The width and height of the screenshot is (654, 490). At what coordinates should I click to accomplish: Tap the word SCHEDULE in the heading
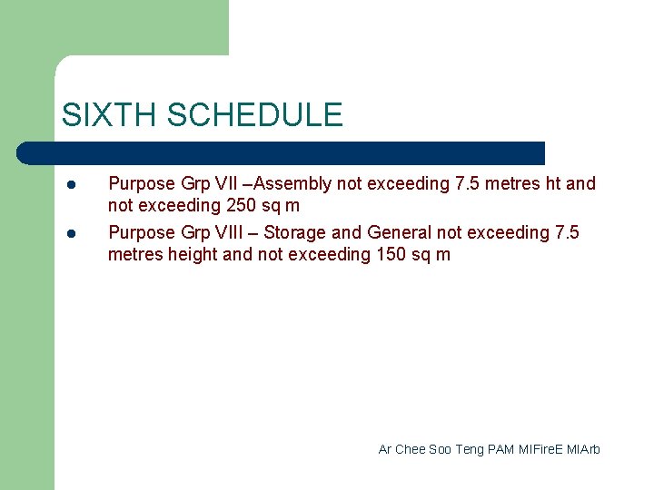pyautogui.click(x=255, y=115)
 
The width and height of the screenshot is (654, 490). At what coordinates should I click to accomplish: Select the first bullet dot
pyautogui.click(x=70, y=184)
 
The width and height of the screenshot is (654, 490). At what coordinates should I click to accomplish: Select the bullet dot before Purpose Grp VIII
pyautogui.click(x=70, y=233)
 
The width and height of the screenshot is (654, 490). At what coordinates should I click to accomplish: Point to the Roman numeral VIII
pyautogui.click(x=230, y=233)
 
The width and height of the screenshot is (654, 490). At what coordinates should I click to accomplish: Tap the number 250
pyautogui.click(x=242, y=206)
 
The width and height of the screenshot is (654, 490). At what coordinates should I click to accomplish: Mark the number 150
pyautogui.click(x=392, y=255)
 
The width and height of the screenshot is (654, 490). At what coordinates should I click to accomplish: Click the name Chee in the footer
pyautogui.click(x=410, y=449)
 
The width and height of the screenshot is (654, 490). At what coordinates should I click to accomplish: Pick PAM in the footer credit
pyautogui.click(x=500, y=449)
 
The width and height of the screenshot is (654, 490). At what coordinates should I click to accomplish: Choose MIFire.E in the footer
pyautogui.click(x=541, y=449)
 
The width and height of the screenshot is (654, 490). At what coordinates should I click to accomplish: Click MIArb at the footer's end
pyautogui.click(x=584, y=449)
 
